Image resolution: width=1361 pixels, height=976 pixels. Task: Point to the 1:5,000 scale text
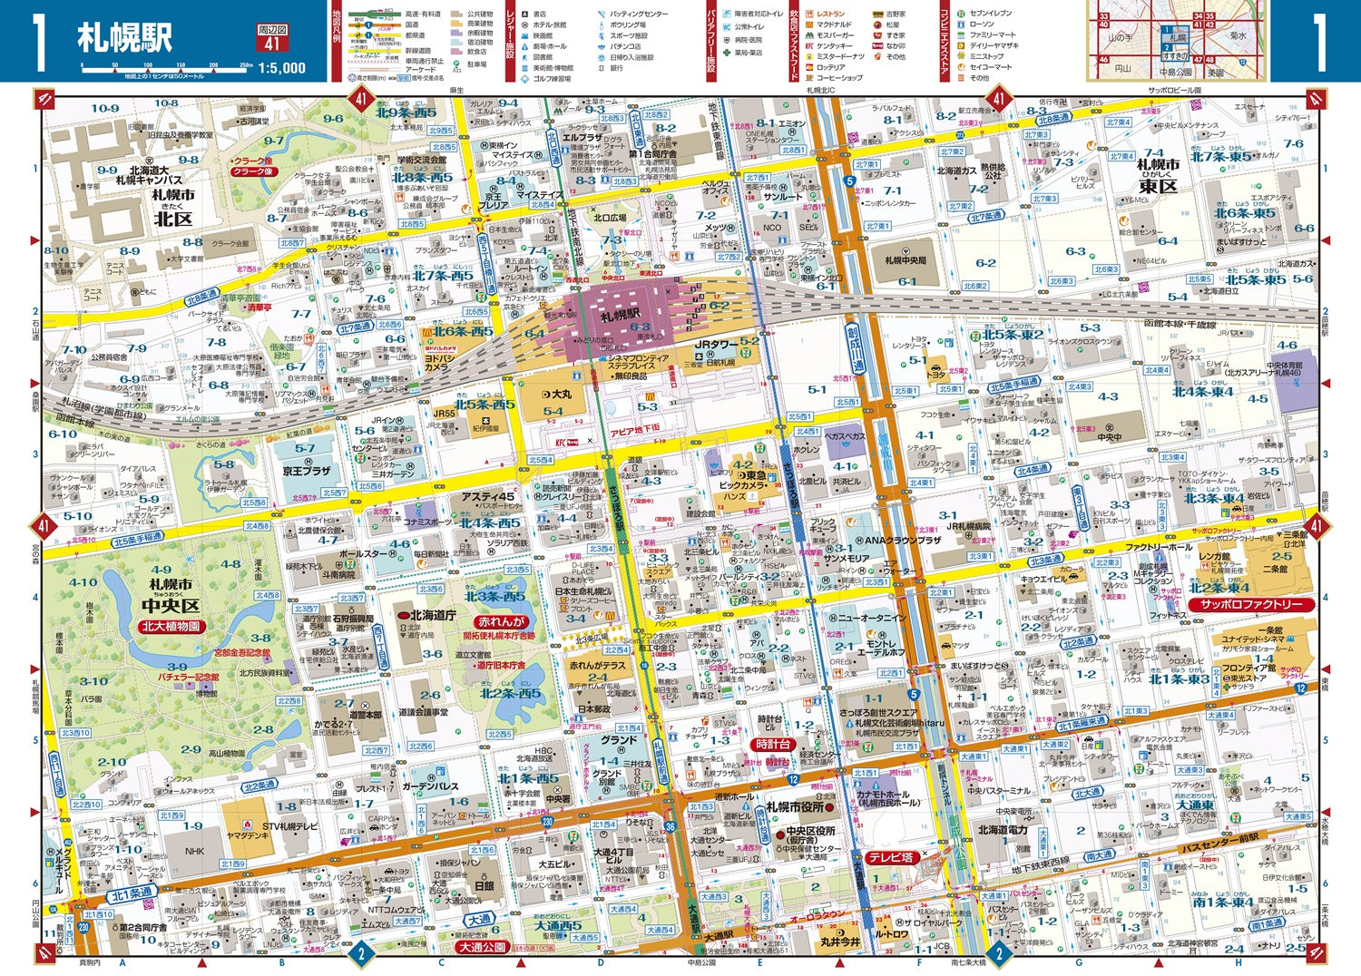point(282,68)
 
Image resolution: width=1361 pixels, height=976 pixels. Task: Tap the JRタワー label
point(717,345)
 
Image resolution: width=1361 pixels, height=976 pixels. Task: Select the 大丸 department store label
point(556,395)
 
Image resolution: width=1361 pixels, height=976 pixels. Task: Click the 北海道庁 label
point(433,615)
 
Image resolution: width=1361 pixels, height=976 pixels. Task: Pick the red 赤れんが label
point(501,622)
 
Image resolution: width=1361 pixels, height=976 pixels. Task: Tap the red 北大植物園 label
point(171,626)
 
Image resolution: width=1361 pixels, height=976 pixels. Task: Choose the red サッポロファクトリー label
point(1251,604)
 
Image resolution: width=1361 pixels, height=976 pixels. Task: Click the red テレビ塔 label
point(890,857)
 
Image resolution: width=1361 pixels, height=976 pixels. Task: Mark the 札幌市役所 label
point(795,806)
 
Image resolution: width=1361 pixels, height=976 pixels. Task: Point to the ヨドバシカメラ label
point(438,361)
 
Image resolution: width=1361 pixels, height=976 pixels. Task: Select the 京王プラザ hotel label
point(306,472)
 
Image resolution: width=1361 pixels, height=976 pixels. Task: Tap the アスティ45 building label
point(488,496)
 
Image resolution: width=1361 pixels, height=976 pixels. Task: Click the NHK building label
point(195,851)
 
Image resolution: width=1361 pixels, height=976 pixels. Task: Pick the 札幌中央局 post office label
point(906,260)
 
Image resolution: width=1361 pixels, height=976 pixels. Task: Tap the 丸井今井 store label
point(840,942)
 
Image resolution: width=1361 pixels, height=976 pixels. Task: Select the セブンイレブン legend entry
point(991,14)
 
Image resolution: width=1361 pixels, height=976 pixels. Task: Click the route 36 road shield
point(671,826)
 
